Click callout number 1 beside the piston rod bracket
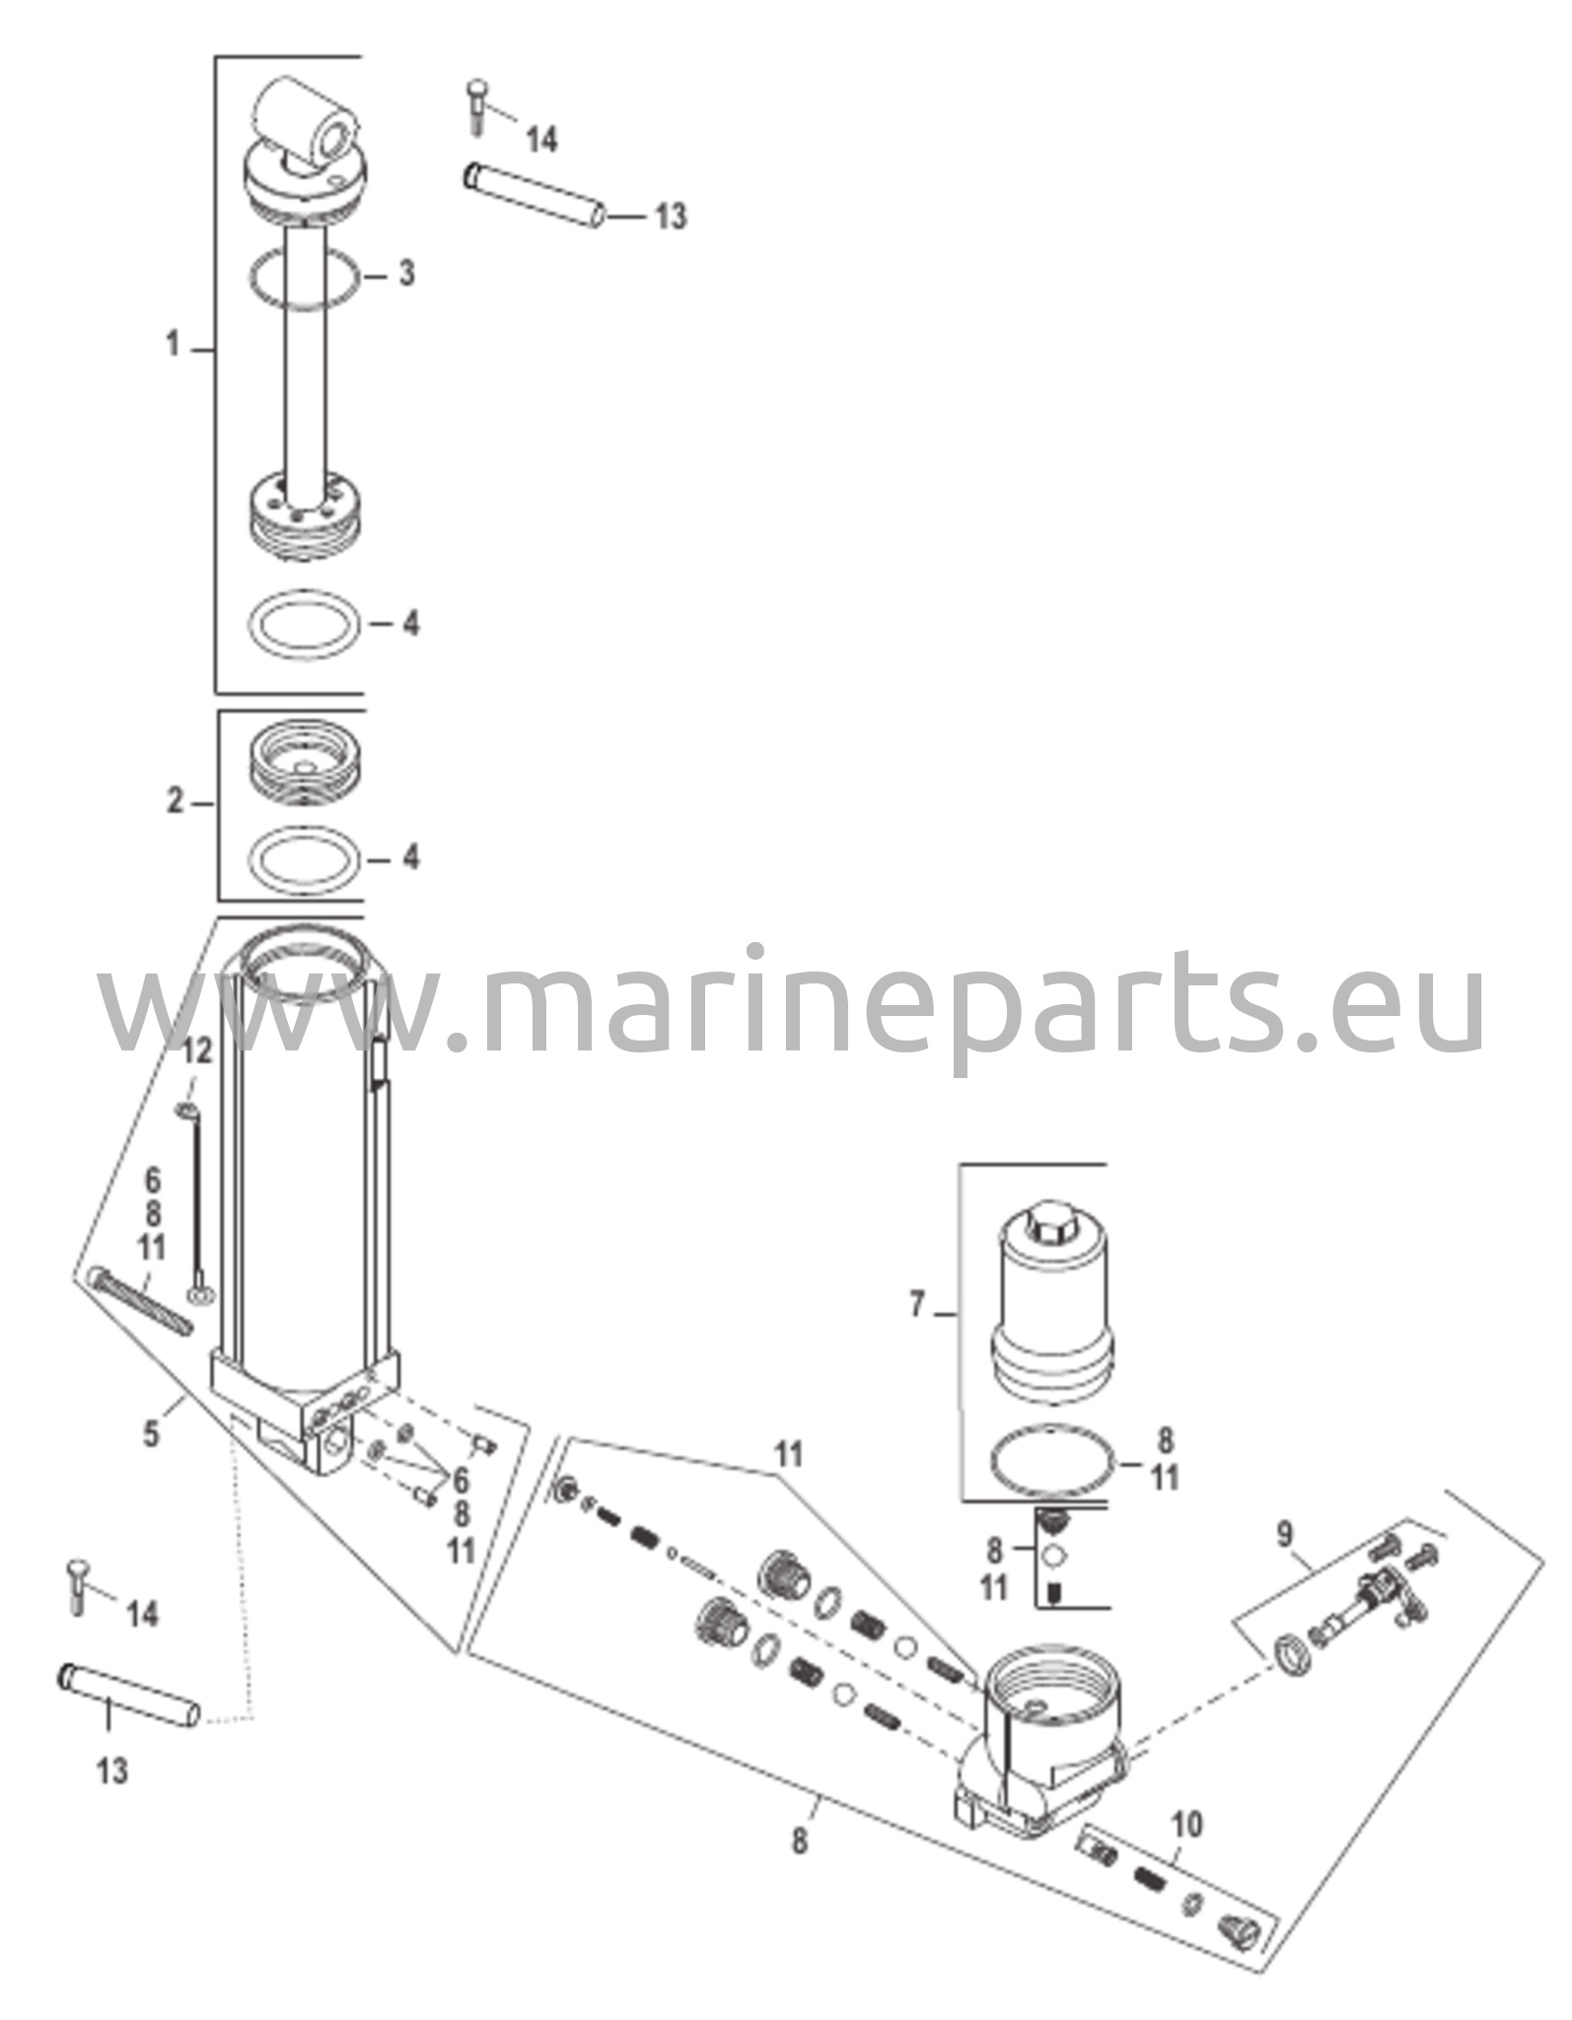coord(173,346)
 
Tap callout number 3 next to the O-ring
coord(405,273)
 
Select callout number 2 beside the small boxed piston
coord(175,802)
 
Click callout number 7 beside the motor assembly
coord(917,1307)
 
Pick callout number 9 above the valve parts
coord(1284,1534)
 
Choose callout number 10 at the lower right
coord(1188,1825)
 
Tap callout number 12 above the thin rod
coord(197,1050)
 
